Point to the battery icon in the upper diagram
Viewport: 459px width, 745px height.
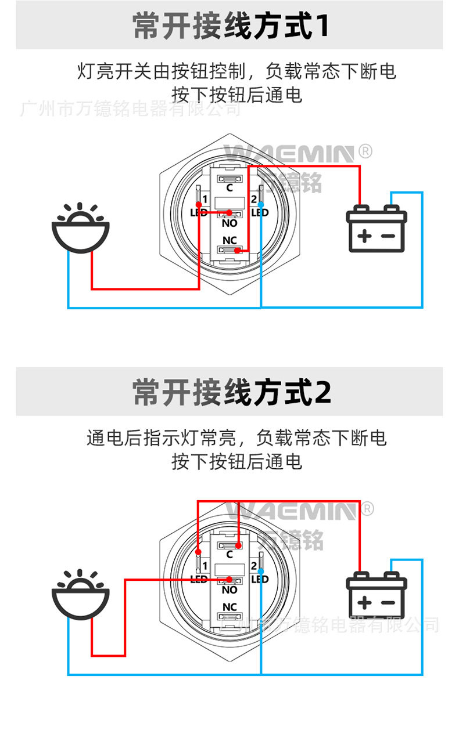[x=376, y=229]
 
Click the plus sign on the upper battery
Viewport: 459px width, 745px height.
[x=364, y=236]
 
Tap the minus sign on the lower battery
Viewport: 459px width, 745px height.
[x=388, y=603]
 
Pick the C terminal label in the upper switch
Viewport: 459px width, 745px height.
[x=229, y=188]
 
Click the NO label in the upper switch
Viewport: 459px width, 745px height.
[x=229, y=223]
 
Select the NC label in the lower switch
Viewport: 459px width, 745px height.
[x=229, y=607]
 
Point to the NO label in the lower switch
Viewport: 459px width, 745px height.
[x=229, y=590]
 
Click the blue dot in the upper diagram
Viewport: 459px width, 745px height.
[x=261, y=205]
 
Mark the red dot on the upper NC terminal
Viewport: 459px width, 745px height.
[x=237, y=250]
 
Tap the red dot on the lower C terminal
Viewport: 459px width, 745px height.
[x=239, y=545]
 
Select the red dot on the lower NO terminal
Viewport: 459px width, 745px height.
[x=229, y=579]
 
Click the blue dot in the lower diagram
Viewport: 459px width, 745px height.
[x=261, y=571]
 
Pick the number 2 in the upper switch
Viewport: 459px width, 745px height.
[x=254, y=200]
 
